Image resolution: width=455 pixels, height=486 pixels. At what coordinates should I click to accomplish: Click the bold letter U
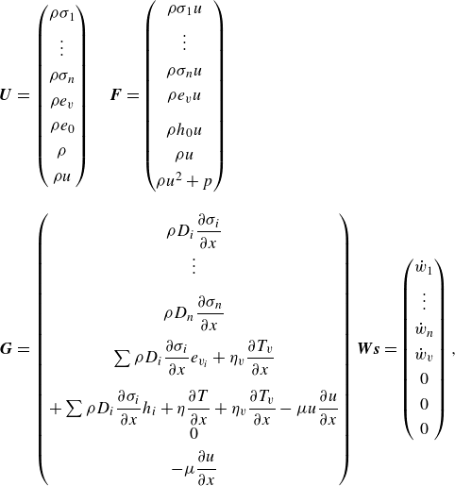point(6,95)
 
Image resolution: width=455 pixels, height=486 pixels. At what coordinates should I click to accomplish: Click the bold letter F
point(116,95)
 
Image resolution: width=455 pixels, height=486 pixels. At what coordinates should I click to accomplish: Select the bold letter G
point(6,349)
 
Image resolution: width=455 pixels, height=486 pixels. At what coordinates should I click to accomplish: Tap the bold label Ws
point(368,349)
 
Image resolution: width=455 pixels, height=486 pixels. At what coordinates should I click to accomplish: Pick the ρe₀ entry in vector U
point(62,126)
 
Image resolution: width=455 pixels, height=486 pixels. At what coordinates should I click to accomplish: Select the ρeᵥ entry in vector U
point(62,102)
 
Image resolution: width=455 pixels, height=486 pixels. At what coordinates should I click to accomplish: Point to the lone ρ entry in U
point(61,152)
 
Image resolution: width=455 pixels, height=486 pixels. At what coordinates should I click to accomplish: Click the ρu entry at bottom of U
point(61,177)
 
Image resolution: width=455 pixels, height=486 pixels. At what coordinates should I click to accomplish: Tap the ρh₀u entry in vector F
point(184,129)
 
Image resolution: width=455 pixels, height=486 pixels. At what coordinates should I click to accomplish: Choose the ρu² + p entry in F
point(184,181)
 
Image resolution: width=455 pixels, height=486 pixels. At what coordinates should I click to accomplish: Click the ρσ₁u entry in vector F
point(184,9)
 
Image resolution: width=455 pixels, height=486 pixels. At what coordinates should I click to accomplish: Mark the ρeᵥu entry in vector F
point(184,96)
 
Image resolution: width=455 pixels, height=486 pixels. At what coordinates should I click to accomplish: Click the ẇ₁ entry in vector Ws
point(424,268)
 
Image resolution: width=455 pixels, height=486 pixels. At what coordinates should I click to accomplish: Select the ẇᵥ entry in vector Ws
point(424,355)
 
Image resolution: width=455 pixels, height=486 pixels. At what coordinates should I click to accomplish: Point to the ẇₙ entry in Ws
point(424,330)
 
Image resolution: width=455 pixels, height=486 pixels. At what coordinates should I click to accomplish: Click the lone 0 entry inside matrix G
point(194,434)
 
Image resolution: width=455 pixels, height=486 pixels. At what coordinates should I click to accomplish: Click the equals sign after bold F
point(132,95)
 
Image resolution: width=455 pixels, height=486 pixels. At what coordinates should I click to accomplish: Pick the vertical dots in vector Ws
point(424,300)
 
